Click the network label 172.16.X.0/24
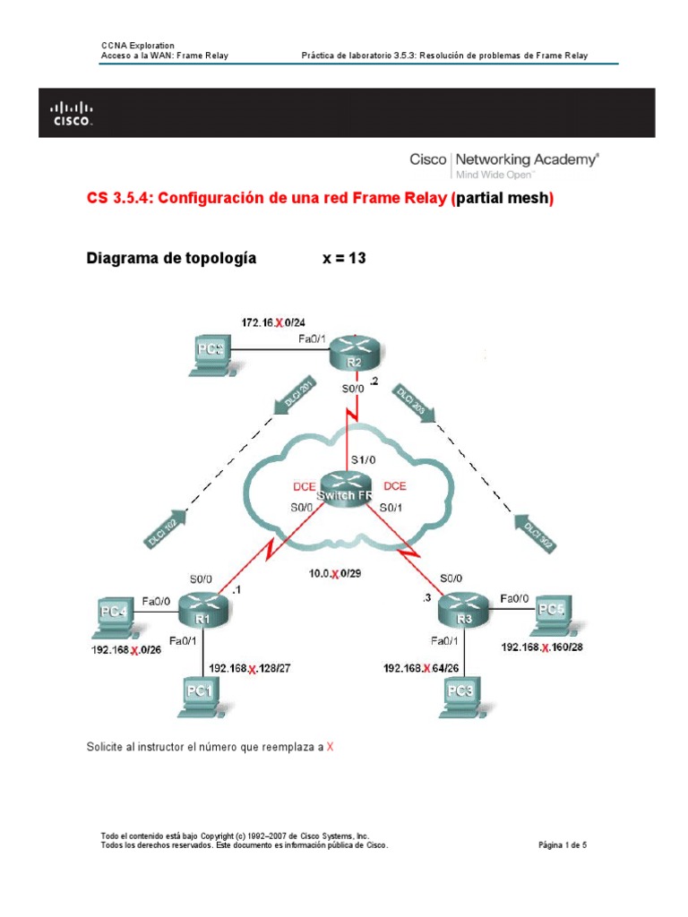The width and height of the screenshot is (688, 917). (277, 321)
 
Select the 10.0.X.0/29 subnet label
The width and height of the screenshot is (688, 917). (336, 575)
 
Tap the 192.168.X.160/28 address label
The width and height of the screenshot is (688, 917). (543, 647)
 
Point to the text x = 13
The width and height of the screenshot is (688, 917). (344, 259)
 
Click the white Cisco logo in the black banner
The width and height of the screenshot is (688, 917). (71, 114)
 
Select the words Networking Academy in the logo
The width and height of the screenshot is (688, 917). (530, 159)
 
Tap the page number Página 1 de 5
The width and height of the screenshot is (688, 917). (562, 844)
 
